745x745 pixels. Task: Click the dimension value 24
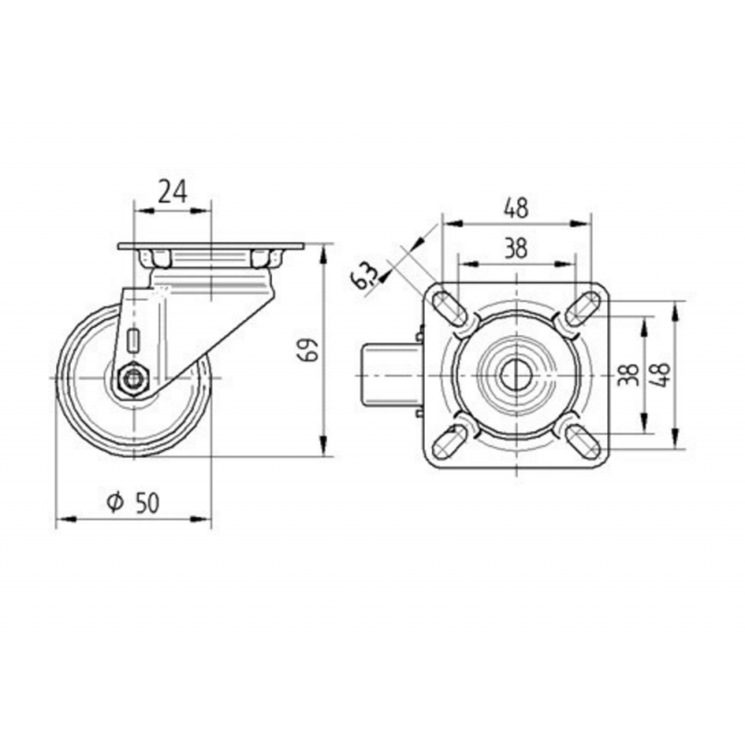click(x=172, y=192)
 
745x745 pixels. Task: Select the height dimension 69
click(x=310, y=350)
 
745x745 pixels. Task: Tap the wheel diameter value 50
click(x=148, y=503)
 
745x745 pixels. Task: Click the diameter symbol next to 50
click(x=115, y=502)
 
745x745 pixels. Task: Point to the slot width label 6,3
click(x=365, y=277)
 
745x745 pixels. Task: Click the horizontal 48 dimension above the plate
click(x=516, y=209)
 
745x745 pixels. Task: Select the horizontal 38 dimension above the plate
click(x=516, y=248)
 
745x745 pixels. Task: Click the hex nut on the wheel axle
click(x=133, y=379)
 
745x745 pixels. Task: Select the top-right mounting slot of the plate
click(x=582, y=309)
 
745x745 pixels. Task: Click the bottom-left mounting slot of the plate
click(x=450, y=441)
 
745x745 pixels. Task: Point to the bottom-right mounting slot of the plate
click(x=583, y=441)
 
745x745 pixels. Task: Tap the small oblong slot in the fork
click(x=133, y=340)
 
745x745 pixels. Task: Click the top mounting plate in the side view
click(x=210, y=246)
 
